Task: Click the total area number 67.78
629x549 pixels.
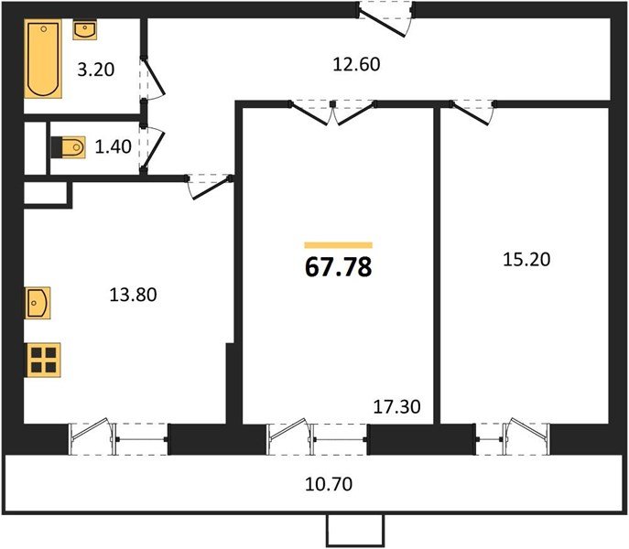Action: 338,267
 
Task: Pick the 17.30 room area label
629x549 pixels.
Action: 396,405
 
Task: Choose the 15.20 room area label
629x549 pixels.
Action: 526,259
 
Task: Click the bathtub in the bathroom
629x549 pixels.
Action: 42,60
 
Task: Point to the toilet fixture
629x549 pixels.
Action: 70,146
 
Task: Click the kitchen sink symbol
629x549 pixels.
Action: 38,301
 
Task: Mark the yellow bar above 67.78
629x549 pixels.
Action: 338,245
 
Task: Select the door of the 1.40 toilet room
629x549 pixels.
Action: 154,148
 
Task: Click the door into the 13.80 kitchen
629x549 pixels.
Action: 211,187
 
